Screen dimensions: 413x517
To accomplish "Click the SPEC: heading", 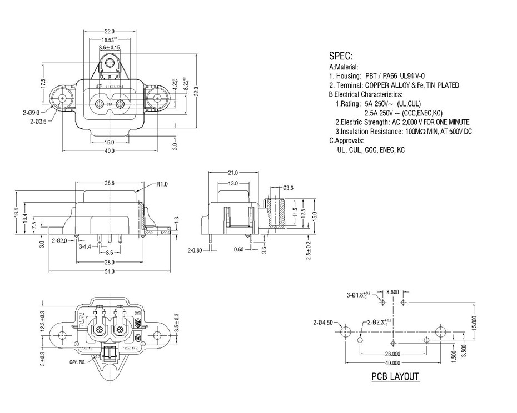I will point(341,56).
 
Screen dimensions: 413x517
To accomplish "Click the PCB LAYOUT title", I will point(395,377).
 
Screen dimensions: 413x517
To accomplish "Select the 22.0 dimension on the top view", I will point(109,31).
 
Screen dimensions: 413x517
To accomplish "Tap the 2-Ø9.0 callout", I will point(31,112).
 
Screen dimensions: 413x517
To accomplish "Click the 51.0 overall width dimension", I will point(109,271).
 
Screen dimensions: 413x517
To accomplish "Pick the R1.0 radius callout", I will point(162,183).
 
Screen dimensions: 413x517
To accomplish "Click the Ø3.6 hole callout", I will point(288,188).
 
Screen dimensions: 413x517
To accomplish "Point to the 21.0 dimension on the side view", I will point(232,173).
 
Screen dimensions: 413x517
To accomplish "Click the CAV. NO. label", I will point(77,361).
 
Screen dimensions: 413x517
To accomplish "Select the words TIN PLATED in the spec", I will point(442,85).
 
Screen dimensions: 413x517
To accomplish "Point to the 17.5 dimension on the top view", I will point(42,84).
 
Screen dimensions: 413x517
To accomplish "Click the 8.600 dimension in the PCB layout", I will point(392,291).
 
